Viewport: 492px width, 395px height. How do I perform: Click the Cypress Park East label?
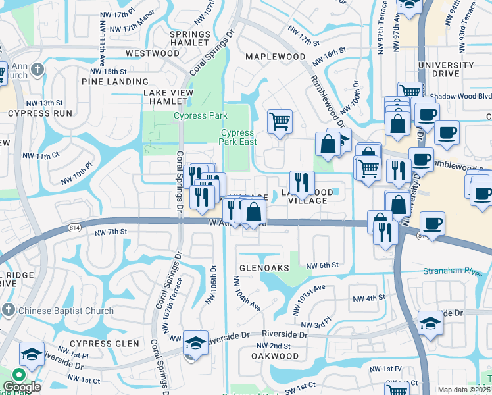point(237,137)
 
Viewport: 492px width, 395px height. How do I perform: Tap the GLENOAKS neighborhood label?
point(264,269)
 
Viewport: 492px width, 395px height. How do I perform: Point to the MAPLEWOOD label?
point(275,57)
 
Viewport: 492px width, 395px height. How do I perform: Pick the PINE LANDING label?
point(114,82)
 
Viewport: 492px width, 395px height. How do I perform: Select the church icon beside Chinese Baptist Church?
point(8,309)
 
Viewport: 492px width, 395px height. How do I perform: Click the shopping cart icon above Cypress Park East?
point(280,121)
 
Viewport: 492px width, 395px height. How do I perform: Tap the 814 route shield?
point(73,227)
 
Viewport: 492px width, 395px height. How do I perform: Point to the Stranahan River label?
point(456,270)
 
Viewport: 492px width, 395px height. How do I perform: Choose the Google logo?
point(22,388)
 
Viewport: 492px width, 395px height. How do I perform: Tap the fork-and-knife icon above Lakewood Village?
point(302,182)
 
